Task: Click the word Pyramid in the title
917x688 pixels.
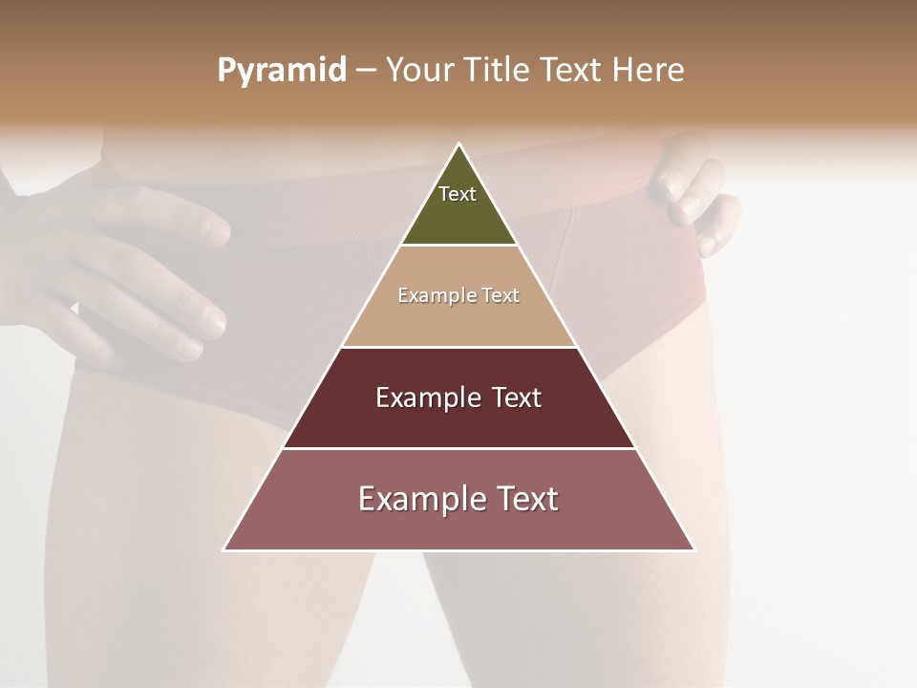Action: click(x=282, y=71)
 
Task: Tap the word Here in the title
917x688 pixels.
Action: click(x=649, y=71)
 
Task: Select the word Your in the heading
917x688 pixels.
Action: click(x=419, y=71)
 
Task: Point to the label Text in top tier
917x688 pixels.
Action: click(x=458, y=194)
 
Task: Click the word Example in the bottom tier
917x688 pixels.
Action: click(x=416, y=499)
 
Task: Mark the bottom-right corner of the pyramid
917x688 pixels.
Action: click(x=694, y=550)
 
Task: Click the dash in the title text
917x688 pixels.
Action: click(x=365, y=71)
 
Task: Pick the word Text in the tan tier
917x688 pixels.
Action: click(x=500, y=296)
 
